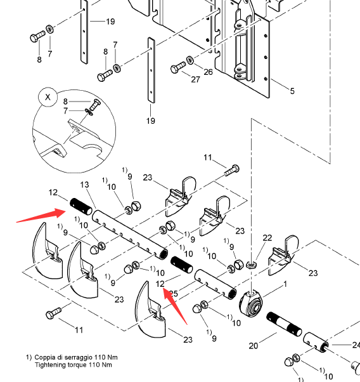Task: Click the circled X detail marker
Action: pos(48,97)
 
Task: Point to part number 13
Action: pos(84,185)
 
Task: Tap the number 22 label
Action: pos(267,238)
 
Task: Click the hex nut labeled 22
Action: pos(251,265)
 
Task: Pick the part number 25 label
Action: pos(173,294)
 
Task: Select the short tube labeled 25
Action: pos(215,284)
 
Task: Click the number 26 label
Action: pos(208,72)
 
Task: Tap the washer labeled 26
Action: pos(190,60)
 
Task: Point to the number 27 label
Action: pos(195,79)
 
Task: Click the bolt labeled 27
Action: pos(178,67)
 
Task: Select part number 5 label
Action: pos(292,91)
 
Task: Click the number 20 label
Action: pos(253,346)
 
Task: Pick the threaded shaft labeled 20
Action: pos(284,324)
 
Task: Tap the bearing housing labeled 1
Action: pos(251,303)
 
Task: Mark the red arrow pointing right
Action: pos(41,215)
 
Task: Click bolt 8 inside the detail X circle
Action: pos(95,104)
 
